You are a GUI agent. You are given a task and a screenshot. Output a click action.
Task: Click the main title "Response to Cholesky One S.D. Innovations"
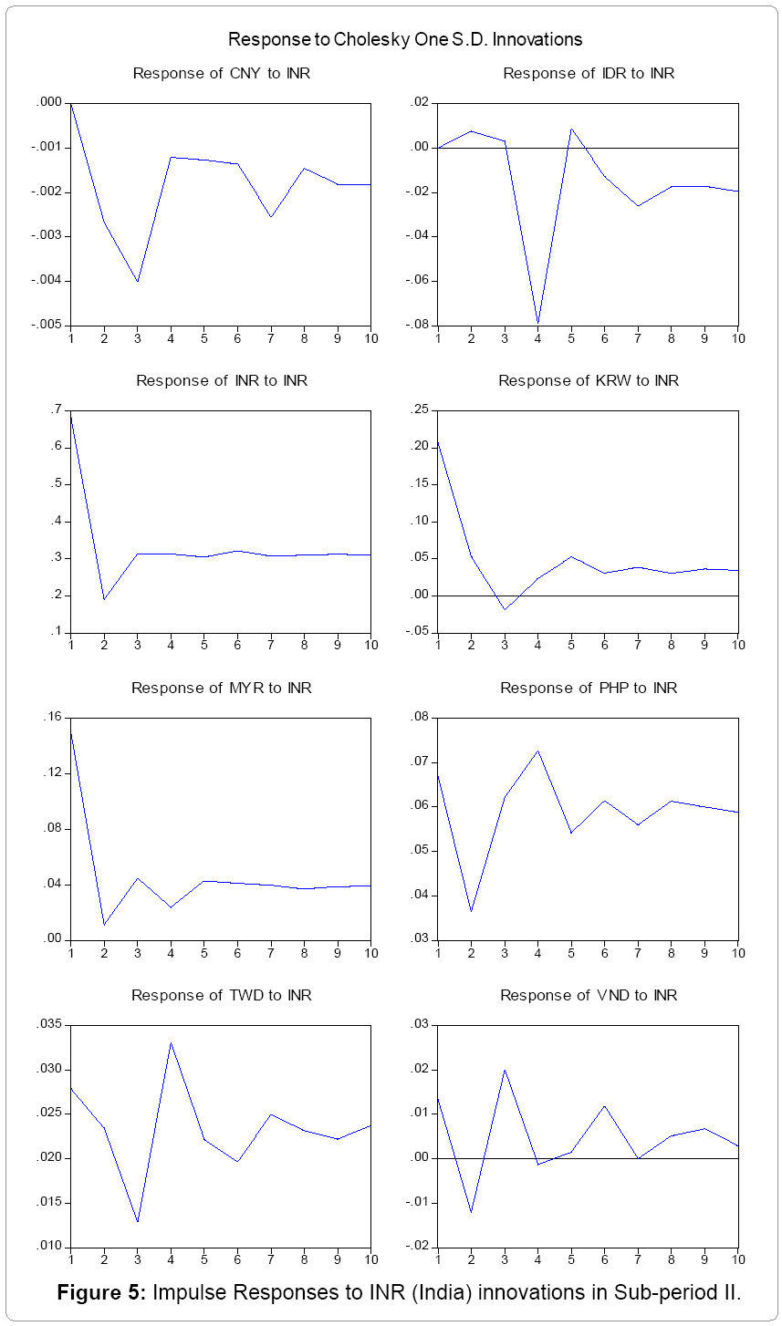[404, 39]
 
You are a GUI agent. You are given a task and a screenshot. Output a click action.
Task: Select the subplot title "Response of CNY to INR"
[221, 73]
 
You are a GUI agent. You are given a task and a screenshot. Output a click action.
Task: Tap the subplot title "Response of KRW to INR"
[588, 380]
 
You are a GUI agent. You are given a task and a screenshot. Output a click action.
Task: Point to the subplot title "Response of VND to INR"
[588, 995]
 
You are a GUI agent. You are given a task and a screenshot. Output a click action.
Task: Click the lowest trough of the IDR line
[538, 323]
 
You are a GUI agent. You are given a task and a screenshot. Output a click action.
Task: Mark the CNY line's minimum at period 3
[138, 282]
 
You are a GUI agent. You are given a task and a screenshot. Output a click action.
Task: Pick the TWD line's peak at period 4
[171, 1042]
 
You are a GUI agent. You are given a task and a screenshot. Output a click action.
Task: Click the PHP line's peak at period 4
[538, 751]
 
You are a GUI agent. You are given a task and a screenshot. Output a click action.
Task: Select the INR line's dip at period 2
[104, 599]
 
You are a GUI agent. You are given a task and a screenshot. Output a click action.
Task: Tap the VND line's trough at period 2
[471, 1212]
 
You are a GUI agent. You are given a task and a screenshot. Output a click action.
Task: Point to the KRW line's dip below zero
[505, 609]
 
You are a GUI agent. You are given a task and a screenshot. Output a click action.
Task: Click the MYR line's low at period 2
[104, 926]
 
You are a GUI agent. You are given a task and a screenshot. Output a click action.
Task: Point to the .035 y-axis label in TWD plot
[47, 1025]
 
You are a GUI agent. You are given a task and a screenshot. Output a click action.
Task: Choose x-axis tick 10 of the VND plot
[737, 1259]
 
